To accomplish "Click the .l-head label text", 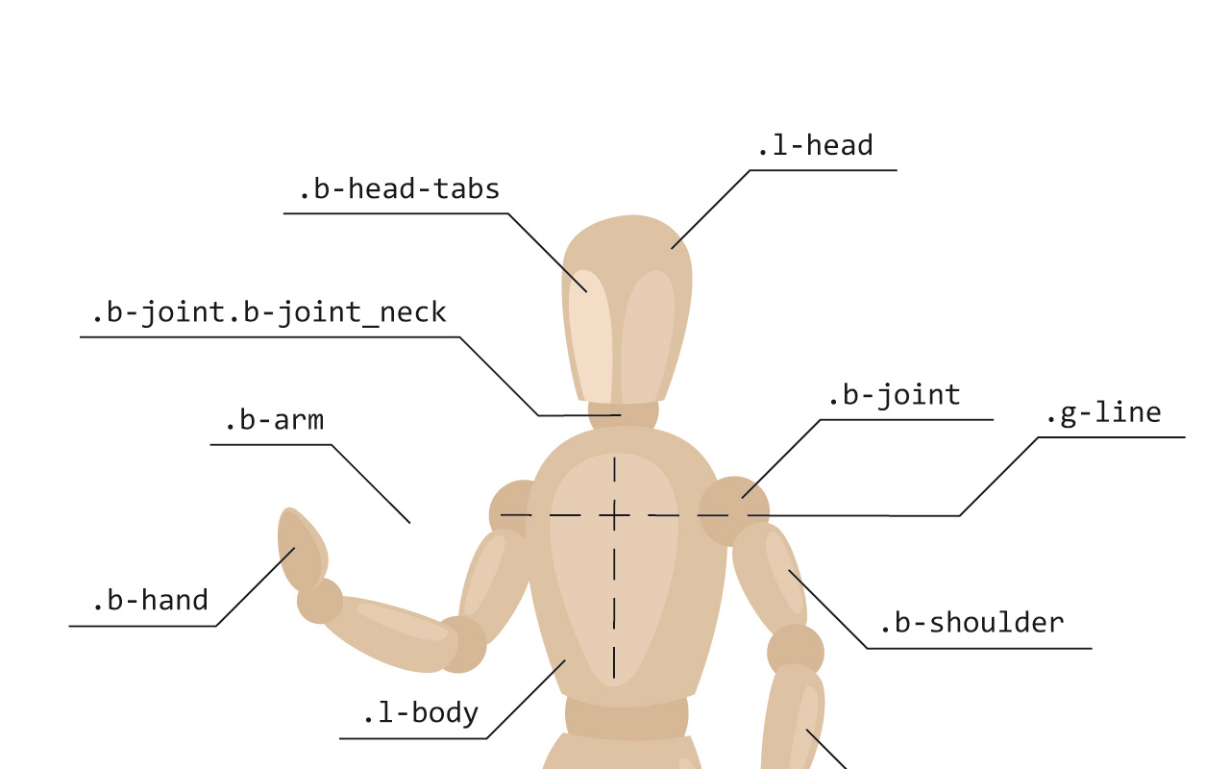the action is click(x=815, y=146).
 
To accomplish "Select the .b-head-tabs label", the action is click(x=399, y=189).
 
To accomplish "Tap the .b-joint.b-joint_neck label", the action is click(x=269, y=313).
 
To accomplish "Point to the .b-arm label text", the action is click(x=275, y=421).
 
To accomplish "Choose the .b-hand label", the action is click(x=151, y=601).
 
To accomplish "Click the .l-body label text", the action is click(x=421, y=714).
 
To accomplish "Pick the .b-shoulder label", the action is click(x=972, y=624).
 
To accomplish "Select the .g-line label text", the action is click(x=1104, y=413).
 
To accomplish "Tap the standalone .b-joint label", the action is click(x=894, y=395).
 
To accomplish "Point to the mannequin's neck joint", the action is click(x=624, y=414).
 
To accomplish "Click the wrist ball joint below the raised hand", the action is click(x=320, y=601).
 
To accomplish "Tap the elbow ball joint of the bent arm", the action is click(x=462, y=644).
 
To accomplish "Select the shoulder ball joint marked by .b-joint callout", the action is click(x=733, y=511).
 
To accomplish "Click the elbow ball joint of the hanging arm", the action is click(x=796, y=651).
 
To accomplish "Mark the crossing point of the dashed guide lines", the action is click(x=614, y=515).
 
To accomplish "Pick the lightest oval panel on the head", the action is click(x=591, y=336).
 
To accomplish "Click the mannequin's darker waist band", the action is click(x=627, y=718).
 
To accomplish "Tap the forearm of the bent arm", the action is click(x=390, y=632).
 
